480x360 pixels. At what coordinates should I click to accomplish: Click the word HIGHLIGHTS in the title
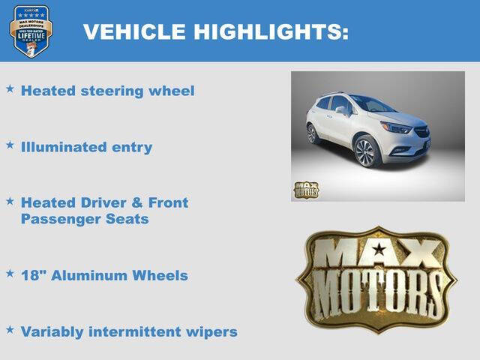[x=271, y=31]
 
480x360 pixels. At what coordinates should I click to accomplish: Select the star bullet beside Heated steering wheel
[x=10, y=89]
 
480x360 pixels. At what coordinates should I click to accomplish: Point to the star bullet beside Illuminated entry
[x=10, y=145]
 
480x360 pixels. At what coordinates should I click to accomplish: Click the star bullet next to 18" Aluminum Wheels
[x=10, y=274]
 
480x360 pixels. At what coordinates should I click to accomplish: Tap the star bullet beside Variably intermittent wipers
[x=10, y=329]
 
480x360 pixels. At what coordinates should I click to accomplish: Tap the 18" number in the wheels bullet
[x=32, y=275]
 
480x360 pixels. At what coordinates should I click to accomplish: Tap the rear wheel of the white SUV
[x=312, y=133]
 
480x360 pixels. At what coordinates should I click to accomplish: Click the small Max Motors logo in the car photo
[x=305, y=190]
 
